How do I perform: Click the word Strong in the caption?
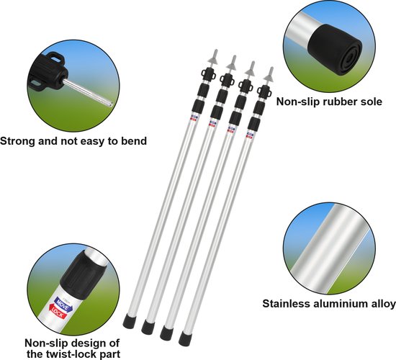18,141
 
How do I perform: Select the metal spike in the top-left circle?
88,93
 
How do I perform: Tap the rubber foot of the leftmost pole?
130,321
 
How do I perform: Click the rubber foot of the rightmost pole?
185,339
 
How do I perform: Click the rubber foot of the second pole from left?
148,327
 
